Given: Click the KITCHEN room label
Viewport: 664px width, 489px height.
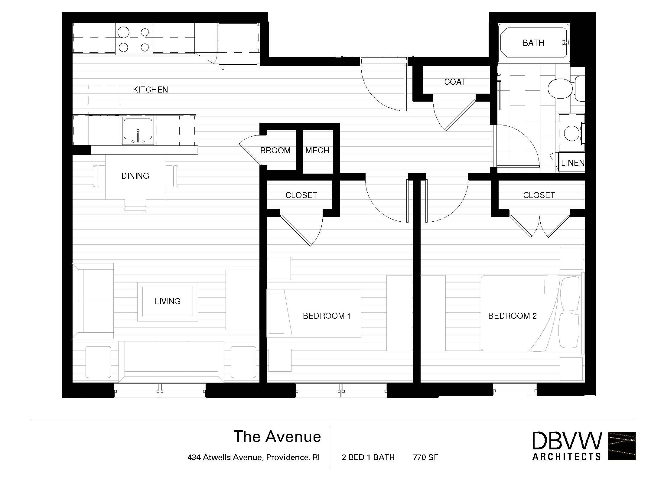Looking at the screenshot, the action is [x=151, y=90].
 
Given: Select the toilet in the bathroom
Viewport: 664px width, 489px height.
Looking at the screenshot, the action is [x=565, y=88].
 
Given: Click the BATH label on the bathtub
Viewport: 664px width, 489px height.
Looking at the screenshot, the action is [x=533, y=43].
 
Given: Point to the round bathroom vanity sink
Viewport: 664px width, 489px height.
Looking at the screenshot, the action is [x=572, y=133].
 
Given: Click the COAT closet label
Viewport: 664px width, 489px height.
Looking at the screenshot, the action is [x=455, y=82].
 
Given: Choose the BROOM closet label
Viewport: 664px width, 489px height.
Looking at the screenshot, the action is [x=275, y=151].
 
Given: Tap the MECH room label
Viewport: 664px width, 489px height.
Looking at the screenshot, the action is [x=317, y=151].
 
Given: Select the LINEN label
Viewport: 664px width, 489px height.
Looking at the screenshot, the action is [x=573, y=163].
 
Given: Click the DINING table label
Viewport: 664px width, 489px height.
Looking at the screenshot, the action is [x=135, y=176].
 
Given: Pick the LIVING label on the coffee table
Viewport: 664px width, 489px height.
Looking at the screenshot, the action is [x=168, y=302].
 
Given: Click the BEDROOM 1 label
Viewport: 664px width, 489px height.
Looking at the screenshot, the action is [x=327, y=316].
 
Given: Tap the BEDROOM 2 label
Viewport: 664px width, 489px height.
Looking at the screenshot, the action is [x=513, y=316].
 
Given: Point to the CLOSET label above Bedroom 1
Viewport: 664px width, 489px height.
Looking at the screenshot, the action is [x=301, y=195].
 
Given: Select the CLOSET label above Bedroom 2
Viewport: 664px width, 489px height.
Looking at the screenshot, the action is [x=539, y=195].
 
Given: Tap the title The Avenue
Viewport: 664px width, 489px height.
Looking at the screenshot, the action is [x=277, y=437].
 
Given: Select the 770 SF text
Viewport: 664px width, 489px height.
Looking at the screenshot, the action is [x=425, y=457].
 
